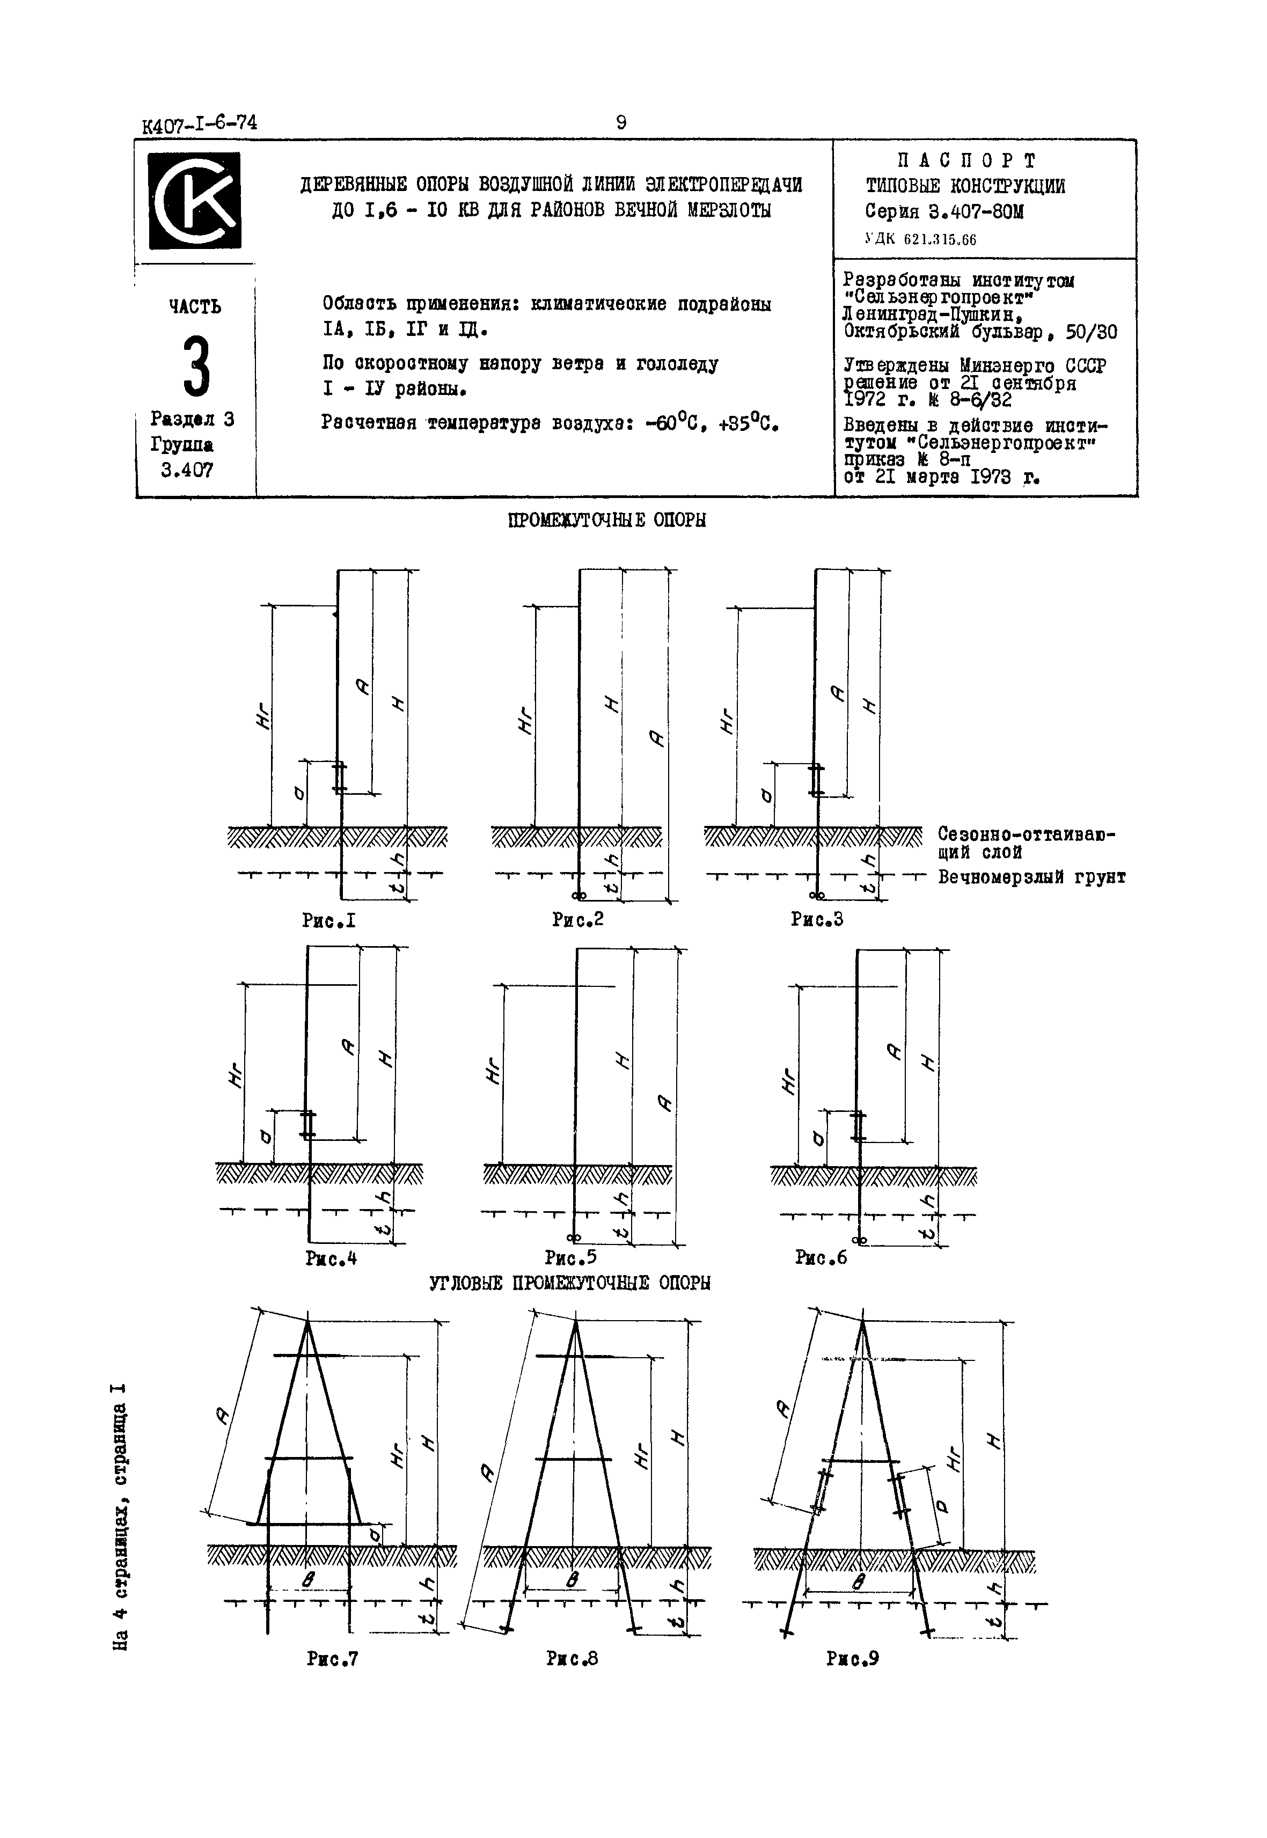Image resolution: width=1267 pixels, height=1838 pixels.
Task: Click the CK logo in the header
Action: [x=194, y=200]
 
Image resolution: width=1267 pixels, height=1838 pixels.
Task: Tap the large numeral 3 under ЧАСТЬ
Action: [x=196, y=367]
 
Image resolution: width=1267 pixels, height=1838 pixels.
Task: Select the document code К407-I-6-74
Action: [x=199, y=124]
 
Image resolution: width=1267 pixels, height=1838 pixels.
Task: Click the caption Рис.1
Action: [x=328, y=920]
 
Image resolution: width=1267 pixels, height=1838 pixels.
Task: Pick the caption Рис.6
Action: [x=821, y=1257]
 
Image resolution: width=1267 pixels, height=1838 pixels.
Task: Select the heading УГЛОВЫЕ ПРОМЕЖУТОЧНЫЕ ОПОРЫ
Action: [x=570, y=1283]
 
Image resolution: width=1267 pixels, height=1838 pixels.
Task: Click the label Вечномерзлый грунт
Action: [x=1031, y=877]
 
